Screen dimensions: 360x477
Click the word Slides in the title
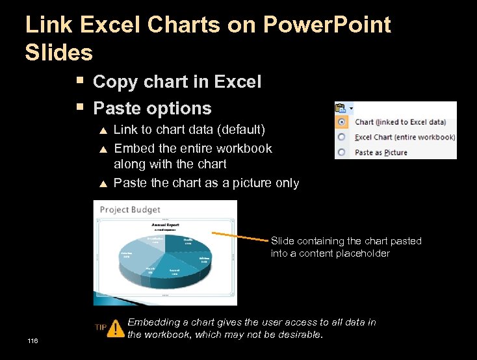(58, 52)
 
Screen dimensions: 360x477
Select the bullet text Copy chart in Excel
(177, 82)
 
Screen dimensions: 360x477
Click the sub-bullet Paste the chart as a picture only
(206, 183)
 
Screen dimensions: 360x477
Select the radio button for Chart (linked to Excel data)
(341, 122)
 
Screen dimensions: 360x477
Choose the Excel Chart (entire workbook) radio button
(341, 137)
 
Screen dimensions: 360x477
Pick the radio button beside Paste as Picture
(341, 153)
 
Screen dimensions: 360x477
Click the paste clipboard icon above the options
(341, 108)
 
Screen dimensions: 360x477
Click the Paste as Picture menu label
(381, 153)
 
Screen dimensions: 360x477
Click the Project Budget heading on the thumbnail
(130, 209)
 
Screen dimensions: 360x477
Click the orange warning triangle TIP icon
(116, 328)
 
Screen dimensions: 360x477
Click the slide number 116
(33, 341)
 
